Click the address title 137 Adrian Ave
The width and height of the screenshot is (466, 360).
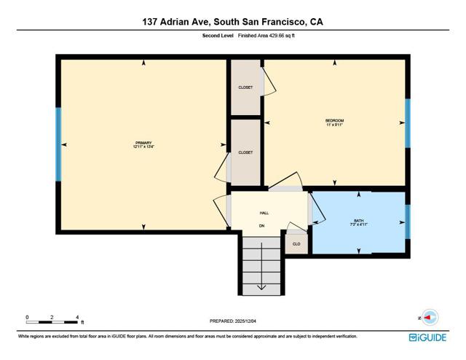point(232,22)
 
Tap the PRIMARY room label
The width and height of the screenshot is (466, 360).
point(143,144)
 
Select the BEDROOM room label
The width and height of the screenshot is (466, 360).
point(334,122)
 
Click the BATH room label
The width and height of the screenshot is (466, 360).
point(358,222)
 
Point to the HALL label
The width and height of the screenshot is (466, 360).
point(264,213)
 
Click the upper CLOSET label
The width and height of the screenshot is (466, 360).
point(245,87)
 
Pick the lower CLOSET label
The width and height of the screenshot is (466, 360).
point(245,152)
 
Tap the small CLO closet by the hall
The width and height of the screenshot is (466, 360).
point(296,244)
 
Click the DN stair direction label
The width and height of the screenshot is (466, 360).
point(262,226)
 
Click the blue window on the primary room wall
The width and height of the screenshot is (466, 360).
point(58,144)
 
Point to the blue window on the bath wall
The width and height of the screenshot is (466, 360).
point(408,222)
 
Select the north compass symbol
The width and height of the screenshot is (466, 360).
point(430,317)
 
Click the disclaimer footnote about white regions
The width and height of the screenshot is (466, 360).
point(187,337)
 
